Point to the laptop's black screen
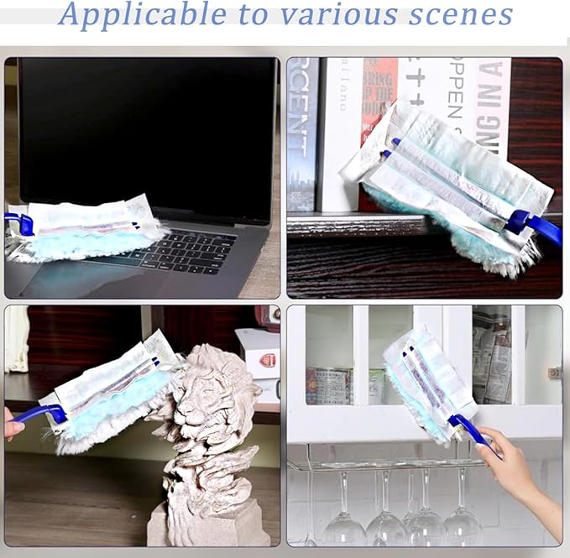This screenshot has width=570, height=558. tap(147, 126)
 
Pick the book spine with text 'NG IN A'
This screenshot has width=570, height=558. tap(492, 92)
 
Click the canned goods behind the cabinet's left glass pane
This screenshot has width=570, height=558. tap(327, 385)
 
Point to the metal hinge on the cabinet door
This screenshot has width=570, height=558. tap(554, 372)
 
